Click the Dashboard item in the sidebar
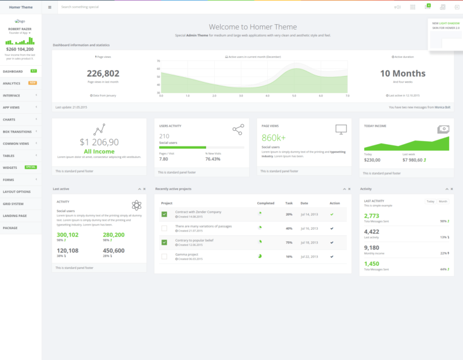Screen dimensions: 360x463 pyautogui.click(x=13, y=71)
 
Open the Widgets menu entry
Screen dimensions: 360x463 pyautogui.click(x=10, y=167)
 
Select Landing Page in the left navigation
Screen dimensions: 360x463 pyautogui.click(x=14, y=215)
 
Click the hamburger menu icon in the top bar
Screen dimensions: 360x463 pyautogui.click(x=49, y=7)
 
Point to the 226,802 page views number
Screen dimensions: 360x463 pyautogui.click(x=102, y=74)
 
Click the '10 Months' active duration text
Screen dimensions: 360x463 pyautogui.click(x=402, y=74)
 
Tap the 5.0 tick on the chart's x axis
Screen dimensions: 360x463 pyautogui.click(x=294, y=96)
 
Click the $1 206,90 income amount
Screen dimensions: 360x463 pyautogui.click(x=99, y=142)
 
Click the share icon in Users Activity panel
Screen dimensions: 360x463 pyautogui.click(x=238, y=129)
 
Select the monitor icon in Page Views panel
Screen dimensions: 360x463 pyautogui.click(x=341, y=129)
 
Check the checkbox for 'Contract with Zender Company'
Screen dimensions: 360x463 pyautogui.click(x=164, y=213)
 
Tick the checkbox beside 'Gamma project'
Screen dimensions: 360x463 pyautogui.click(x=164, y=256)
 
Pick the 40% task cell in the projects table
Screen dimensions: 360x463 pyautogui.click(x=289, y=229)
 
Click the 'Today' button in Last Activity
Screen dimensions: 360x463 pyautogui.click(x=430, y=201)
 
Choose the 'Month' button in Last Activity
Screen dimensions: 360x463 pyautogui.click(x=443, y=201)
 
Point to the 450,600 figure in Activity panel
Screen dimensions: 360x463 pyautogui.click(x=113, y=250)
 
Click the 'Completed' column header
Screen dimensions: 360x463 pyautogui.click(x=265, y=203)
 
